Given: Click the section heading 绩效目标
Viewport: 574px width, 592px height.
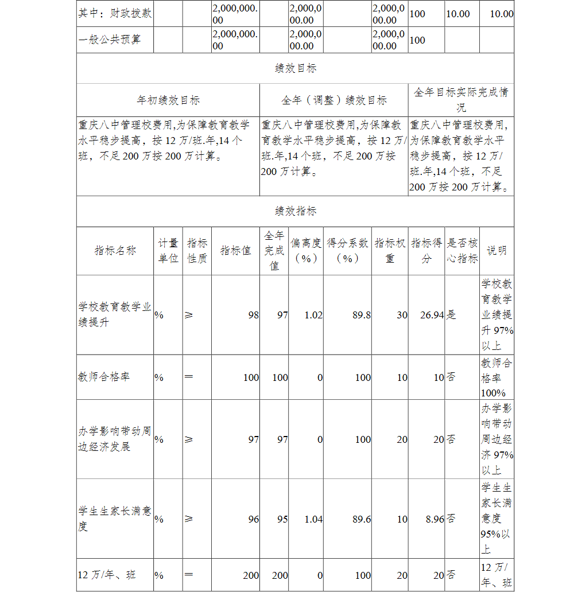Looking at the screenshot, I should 296,68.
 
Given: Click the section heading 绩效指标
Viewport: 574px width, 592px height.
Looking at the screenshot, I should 296,211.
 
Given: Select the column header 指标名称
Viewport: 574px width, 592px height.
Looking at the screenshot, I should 115,251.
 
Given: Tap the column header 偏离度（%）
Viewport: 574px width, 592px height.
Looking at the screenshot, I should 306,251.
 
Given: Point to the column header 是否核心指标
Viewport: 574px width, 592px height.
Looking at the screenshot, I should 462,251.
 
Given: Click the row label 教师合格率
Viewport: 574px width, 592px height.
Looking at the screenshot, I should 104,377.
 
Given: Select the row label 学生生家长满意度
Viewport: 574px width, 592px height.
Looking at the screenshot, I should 115,519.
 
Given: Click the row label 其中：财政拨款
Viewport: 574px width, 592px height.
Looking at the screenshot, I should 115,13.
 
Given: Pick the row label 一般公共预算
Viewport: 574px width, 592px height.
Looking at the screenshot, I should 109,40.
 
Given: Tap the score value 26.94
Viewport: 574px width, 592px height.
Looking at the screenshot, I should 431,315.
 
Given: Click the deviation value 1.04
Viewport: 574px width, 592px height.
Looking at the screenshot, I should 313,519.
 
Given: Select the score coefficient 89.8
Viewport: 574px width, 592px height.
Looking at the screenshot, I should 361,315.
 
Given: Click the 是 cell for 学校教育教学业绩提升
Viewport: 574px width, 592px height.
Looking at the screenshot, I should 452,315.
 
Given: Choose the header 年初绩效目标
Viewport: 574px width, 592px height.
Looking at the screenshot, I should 168,100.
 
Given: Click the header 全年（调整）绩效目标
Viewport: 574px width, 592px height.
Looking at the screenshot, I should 334,100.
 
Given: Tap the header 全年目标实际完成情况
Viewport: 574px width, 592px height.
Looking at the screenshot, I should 461,100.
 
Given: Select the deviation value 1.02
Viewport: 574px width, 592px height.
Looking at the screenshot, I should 313,315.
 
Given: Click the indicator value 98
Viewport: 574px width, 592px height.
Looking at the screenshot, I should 253,315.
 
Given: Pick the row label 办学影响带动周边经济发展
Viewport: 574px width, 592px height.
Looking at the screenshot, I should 115,439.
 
